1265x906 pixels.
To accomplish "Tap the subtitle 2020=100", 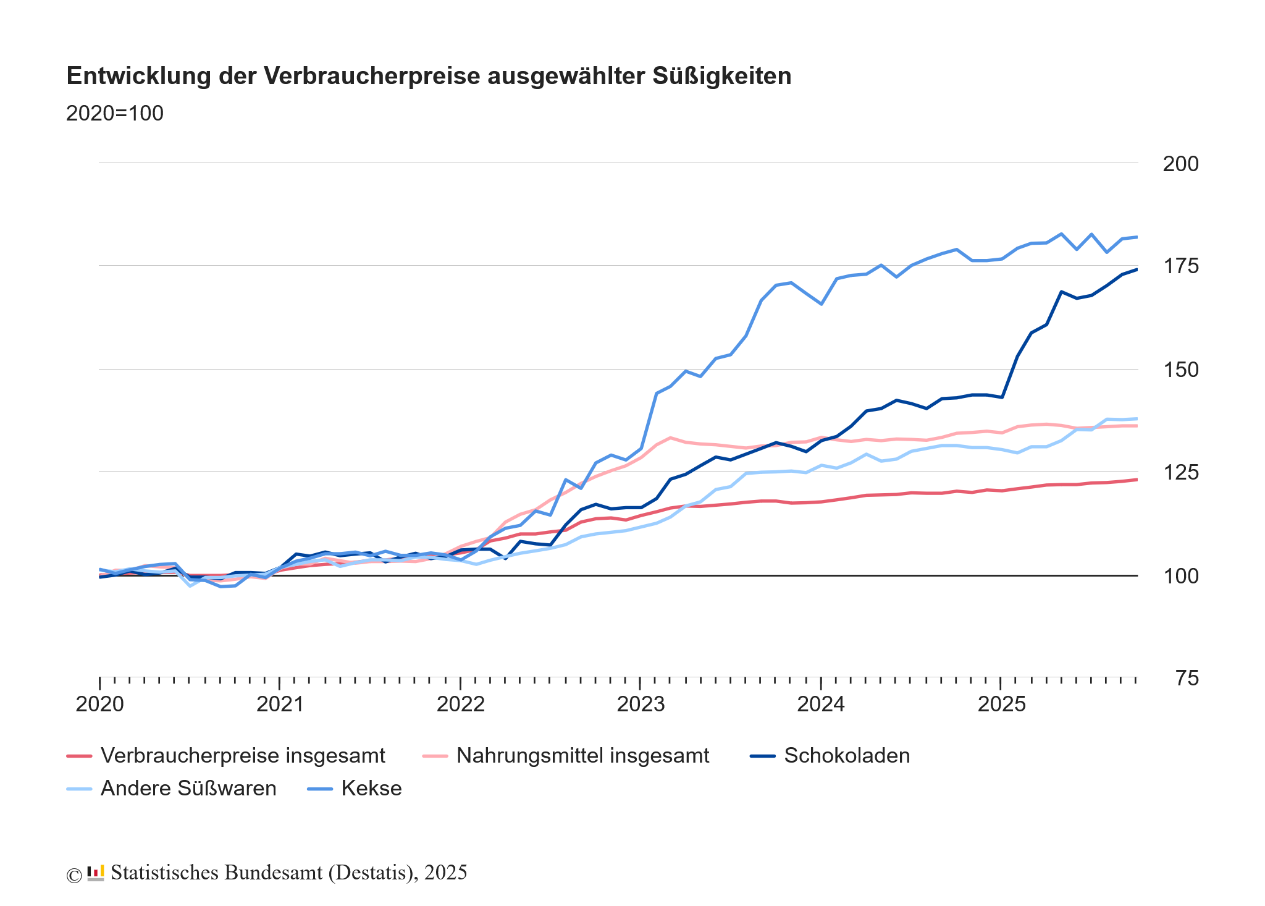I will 115,114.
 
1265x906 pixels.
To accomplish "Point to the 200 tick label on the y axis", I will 1180,164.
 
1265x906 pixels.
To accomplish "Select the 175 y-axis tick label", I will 1180,266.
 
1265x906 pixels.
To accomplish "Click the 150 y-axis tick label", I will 1180,370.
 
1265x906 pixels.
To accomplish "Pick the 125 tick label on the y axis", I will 1180,473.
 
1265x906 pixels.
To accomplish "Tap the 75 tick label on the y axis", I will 1187,679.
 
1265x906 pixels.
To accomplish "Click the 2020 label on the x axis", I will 100,704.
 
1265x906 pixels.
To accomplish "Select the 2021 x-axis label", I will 280,704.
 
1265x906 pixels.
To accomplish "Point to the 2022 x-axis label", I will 461,704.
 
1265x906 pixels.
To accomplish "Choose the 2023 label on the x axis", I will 641,704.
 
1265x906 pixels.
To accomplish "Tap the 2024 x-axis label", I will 821,704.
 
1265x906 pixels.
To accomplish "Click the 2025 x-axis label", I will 1001,704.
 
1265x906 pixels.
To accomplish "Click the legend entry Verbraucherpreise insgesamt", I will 243,755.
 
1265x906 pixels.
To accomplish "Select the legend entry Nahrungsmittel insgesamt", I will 582,755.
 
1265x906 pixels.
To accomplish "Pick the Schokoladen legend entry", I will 847,755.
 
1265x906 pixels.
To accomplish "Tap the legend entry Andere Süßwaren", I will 188,788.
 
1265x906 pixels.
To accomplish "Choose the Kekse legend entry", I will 371,788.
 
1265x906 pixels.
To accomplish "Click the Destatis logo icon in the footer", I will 96,873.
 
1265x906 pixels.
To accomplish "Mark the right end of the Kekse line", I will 1137,237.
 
